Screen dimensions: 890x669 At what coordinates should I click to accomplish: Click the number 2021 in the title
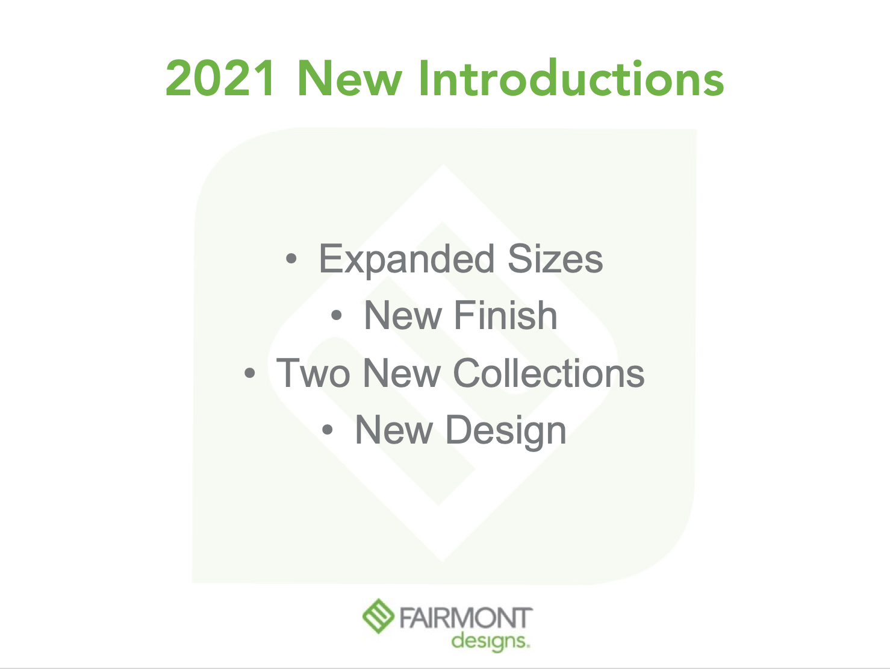pyautogui.click(x=220, y=78)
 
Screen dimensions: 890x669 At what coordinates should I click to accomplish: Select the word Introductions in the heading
pyautogui.click(x=571, y=78)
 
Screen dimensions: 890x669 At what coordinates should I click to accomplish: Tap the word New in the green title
pyautogui.click(x=350, y=78)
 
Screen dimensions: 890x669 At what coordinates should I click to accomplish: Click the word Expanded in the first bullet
pyautogui.click(x=406, y=260)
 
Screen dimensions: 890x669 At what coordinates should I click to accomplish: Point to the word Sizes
pyautogui.click(x=555, y=259)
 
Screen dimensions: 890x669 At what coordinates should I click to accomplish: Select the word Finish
pyautogui.click(x=506, y=315)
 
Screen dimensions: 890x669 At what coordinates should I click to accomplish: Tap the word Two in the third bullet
pyautogui.click(x=313, y=373)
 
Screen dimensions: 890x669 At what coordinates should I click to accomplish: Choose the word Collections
pyautogui.click(x=549, y=373)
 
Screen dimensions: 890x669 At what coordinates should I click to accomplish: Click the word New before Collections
pyautogui.click(x=402, y=373)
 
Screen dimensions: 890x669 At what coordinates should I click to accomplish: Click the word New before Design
pyautogui.click(x=394, y=430)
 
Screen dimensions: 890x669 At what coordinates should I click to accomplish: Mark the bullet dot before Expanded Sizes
pyautogui.click(x=291, y=259)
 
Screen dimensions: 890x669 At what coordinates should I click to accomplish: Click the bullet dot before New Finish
pyautogui.click(x=337, y=315)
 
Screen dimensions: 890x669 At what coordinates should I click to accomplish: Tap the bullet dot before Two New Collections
pyautogui.click(x=250, y=373)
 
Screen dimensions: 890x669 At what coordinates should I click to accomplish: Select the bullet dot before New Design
pyautogui.click(x=327, y=430)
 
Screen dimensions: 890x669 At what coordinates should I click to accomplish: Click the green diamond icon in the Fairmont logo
pyautogui.click(x=378, y=616)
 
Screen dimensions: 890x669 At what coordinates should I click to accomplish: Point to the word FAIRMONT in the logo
pyautogui.click(x=466, y=618)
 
